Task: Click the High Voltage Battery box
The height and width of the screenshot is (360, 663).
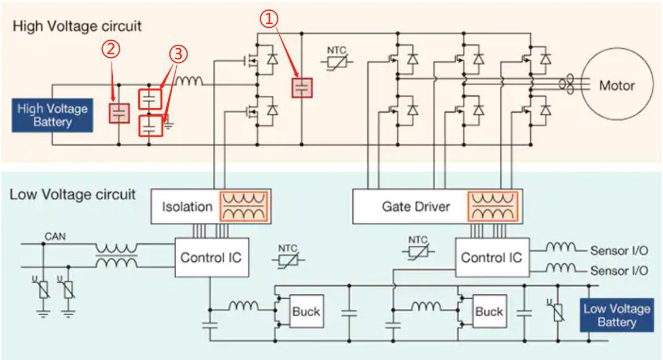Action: coord(53,115)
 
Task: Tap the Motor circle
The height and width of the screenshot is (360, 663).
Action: coord(616,86)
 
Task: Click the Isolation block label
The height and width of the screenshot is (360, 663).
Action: coord(187,206)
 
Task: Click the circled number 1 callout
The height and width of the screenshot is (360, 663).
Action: coord(270,19)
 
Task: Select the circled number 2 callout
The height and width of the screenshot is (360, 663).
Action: coord(111,49)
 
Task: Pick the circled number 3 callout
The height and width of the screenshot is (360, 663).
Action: coord(177,54)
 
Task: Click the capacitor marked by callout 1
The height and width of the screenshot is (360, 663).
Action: coord(302,87)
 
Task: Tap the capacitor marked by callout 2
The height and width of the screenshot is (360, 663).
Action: coord(119,113)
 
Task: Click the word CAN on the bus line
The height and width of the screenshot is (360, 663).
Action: coord(55,236)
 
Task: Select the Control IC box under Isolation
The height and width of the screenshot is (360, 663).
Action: coord(210,257)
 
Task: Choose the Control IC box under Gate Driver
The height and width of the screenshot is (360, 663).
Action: coord(491,257)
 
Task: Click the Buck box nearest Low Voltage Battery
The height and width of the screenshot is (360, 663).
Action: coord(489,311)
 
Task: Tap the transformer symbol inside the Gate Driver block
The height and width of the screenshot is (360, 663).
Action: coord(492,206)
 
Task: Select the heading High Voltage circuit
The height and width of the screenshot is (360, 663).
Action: coord(77,26)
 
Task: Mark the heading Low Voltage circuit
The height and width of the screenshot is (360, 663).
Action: coord(73,194)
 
